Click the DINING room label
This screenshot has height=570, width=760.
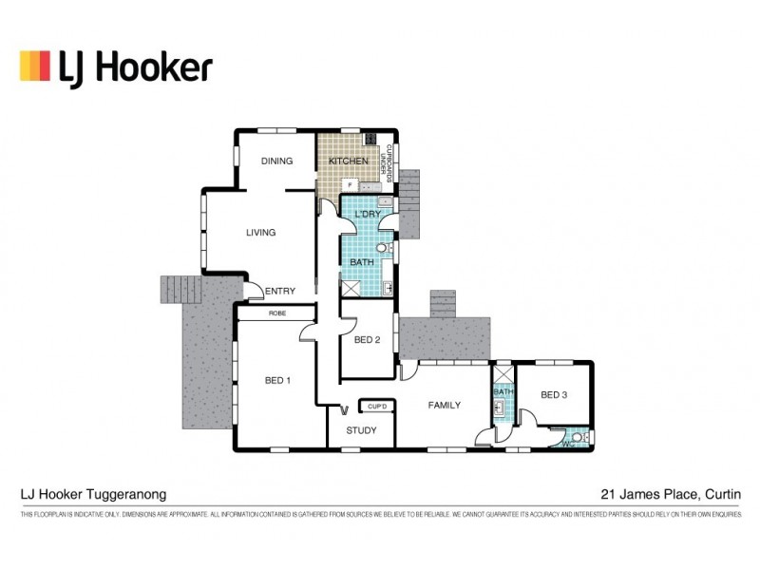click(x=276, y=161)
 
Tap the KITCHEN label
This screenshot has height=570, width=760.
click(x=348, y=161)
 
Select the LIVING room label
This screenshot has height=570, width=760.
click(x=260, y=233)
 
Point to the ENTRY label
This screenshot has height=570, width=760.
click(x=280, y=291)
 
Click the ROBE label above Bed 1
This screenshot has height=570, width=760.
click(x=276, y=313)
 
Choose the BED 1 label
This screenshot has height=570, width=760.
click(x=277, y=382)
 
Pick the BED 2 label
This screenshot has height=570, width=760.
click(x=367, y=340)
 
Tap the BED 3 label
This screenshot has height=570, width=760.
click(x=554, y=394)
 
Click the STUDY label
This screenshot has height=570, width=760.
click(x=361, y=430)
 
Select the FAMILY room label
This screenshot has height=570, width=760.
click(x=444, y=406)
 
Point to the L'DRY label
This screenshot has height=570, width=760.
click(x=368, y=216)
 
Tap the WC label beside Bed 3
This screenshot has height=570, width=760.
click(x=568, y=442)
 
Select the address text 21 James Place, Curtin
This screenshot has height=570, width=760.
click(x=670, y=494)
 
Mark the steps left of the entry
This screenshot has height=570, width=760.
click(x=180, y=289)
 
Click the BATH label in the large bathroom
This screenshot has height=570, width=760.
click(x=362, y=262)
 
